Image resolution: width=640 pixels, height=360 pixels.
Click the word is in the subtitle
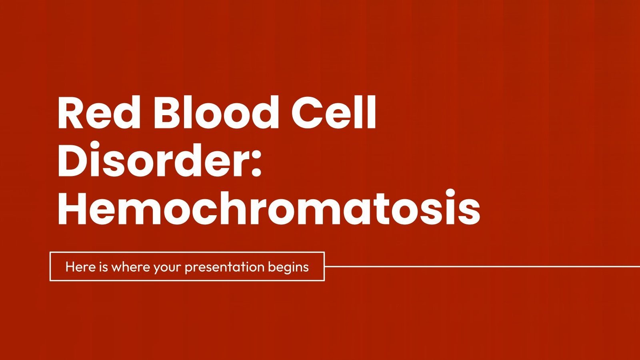[103, 267]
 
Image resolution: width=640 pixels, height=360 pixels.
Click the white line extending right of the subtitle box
[480, 266]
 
